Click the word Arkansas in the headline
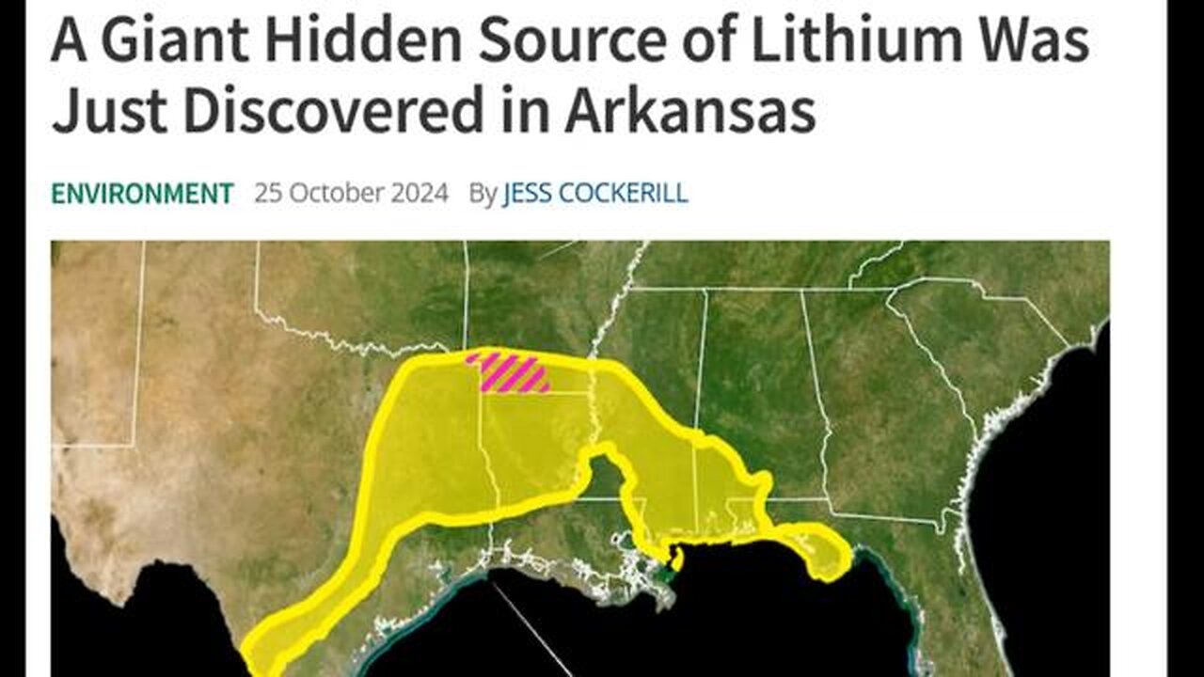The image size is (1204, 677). click(x=689, y=111)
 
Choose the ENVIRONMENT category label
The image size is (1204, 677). click(x=142, y=194)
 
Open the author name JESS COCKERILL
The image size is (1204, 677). click(x=595, y=194)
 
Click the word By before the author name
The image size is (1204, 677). click(x=482, y=194)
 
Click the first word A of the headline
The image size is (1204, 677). click(x=68, y=43)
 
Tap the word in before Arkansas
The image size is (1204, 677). click(x=534, y=111)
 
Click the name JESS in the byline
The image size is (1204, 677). click(x=530, y=194)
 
